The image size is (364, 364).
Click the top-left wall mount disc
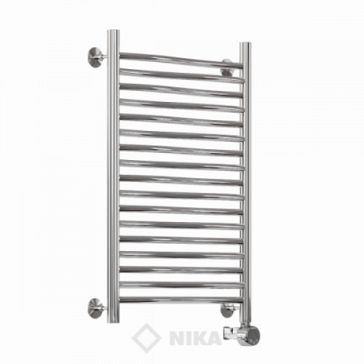(x=95, y=58)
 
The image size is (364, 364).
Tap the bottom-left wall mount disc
(x=95, y=309)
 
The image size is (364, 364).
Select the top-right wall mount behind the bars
(x=227, y=68)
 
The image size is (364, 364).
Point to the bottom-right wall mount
(x=227, y=310)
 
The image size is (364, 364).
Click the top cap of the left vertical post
(x=114, y=31)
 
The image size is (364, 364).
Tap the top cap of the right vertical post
(x=245, y=44)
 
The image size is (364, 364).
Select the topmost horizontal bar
(x=181, y=59)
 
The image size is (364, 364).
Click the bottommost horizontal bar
(x=181, y=299)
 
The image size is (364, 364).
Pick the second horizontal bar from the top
(x=181, y=75)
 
